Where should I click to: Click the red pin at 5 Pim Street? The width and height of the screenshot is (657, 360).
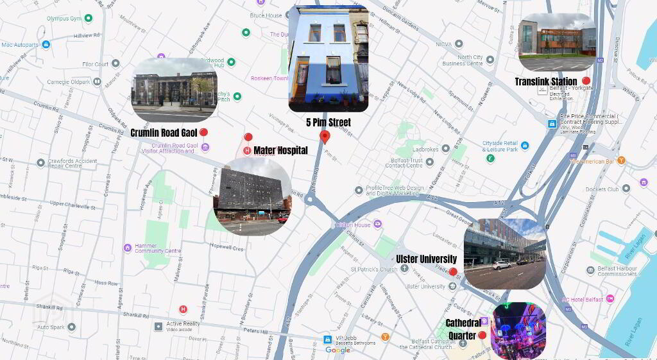[x=325, y=137]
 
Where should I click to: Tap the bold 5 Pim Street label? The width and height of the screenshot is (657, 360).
[x=328, y=121]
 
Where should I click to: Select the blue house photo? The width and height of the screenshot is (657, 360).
[x=328, y=58]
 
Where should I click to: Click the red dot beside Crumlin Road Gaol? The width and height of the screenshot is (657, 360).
[x=203, y=132]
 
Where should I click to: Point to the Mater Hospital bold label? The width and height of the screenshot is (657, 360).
[x=280, y=150]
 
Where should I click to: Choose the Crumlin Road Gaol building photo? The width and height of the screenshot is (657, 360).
[x=174, y=90]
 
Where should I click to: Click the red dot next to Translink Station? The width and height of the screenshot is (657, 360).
[x=586, y=81]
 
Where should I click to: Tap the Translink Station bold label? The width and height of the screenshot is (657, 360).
[x=545, y=81]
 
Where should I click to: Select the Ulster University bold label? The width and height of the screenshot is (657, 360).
[x=426, y=259]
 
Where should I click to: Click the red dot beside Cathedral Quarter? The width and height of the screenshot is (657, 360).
[x=482, y=334]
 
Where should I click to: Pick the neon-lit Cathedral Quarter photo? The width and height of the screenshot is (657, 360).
[x=518, y=330]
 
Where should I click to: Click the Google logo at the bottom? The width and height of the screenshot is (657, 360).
[x=337, y=350]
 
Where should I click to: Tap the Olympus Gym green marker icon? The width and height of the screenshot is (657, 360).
[x=88, y=18]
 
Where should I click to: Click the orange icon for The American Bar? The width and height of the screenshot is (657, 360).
[x=621, y=160]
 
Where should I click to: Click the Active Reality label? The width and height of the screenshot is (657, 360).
[x=183, y=324]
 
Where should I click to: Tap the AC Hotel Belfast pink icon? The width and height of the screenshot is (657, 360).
[x=610, y=298]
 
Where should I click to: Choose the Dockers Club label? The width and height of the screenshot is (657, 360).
[x=602, y=189]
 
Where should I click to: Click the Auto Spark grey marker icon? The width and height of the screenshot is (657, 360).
[x=72, y=327]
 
